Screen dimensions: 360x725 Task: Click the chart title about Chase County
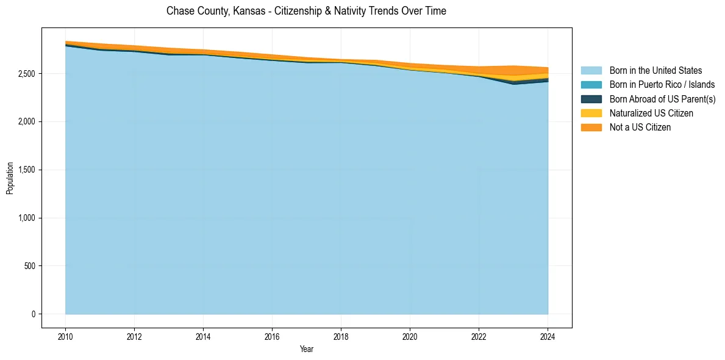pos(306,11)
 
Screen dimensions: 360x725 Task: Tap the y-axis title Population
pos(10,178)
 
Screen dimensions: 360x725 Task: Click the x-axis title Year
pos(307,349)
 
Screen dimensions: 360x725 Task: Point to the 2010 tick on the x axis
pos(65,336)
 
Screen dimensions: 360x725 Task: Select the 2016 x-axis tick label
pos(272,336)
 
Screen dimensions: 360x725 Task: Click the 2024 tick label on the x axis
pos(548,336)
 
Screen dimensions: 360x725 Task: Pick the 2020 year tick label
pos(410,336)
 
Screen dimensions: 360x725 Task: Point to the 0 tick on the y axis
pos(34,314)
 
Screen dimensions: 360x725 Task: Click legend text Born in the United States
pos(655,71)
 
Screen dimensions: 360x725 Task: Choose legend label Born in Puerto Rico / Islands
pos(662,85)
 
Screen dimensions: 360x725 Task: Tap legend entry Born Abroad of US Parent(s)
pos(662,99)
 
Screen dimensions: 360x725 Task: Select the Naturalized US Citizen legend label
pos(651,113)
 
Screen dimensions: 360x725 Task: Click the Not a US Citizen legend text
pos(640,127)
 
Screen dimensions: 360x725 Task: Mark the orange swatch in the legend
pos(591,127)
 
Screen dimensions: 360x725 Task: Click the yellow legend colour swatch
pos(591,113)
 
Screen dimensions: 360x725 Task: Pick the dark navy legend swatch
pos(591,99)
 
